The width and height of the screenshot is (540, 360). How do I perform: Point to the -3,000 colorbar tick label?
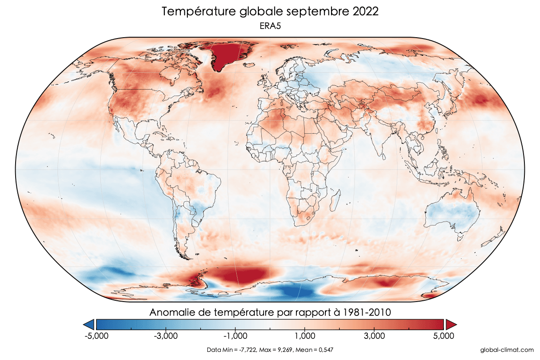[x=165, y=336]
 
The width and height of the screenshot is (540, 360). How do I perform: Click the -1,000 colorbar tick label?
[x=235, y=336]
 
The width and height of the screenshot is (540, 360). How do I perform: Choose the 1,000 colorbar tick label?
[x=305, y=336]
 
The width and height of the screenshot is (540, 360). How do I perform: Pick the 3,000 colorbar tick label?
[x=375, y=336]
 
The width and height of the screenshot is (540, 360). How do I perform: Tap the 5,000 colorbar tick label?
[x=444, y=336]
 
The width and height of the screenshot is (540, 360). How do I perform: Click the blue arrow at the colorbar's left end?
[x=89, y=324]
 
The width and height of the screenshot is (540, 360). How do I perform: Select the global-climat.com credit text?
[x=507, y=350]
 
